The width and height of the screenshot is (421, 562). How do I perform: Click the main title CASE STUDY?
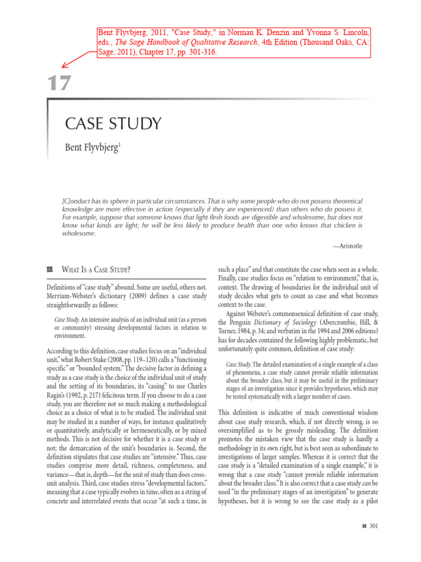[113, 123]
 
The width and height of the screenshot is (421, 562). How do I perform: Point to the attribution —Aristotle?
[348, 246]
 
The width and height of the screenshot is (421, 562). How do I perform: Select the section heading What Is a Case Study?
[96, 269]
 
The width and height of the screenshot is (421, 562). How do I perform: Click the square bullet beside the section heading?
[50, 269]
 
